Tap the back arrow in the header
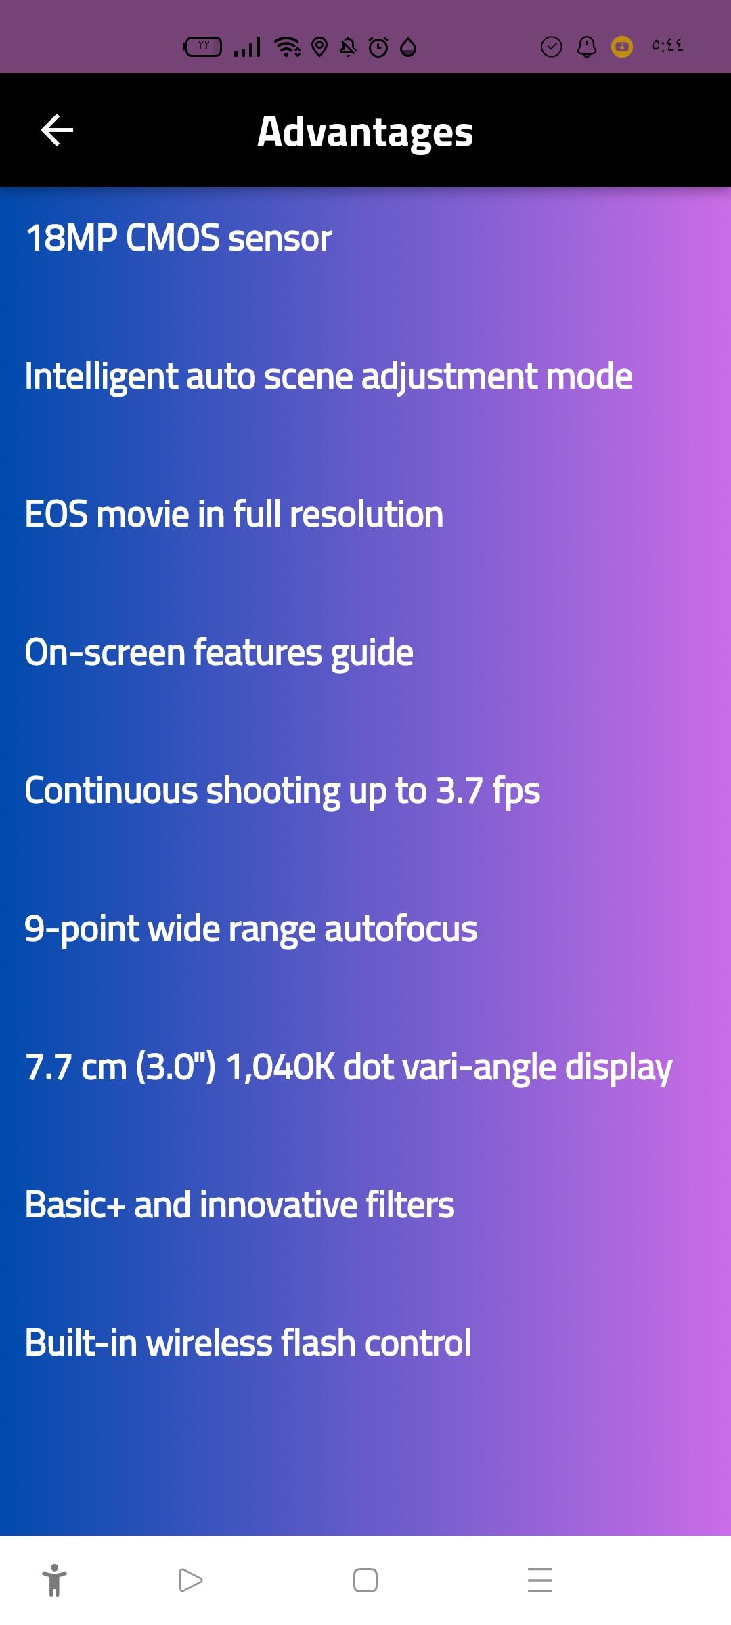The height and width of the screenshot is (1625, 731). coord(57,130)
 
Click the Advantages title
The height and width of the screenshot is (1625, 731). coord(365,132)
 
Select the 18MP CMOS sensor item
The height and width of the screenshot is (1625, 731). coord(179,238)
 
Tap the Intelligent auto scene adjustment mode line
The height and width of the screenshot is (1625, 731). coord(328,377)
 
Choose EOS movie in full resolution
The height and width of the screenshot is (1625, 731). coord(234,514)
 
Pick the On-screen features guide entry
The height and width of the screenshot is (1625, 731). coord(219,653)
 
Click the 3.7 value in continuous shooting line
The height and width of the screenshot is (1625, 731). coord(460,790)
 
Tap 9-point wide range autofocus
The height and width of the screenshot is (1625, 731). coord(251,930)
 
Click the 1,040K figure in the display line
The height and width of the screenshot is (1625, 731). coord(280,1068)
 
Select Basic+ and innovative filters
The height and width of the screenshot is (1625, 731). coord(240,1205)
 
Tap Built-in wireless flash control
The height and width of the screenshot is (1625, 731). coord(248,1343)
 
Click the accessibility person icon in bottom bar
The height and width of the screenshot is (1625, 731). coord(54,1580)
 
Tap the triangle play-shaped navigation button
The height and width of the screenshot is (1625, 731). coord(191,1580)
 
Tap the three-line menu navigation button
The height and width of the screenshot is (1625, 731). coord(540,1580)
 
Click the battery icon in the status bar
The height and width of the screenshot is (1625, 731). coord(202,47)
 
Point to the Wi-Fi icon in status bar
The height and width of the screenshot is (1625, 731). coord(288,47)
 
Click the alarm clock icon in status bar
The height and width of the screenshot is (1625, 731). coord(378,47)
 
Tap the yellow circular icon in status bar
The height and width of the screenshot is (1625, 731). coord(622,47)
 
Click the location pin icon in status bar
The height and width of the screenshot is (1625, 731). coord(319,47)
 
